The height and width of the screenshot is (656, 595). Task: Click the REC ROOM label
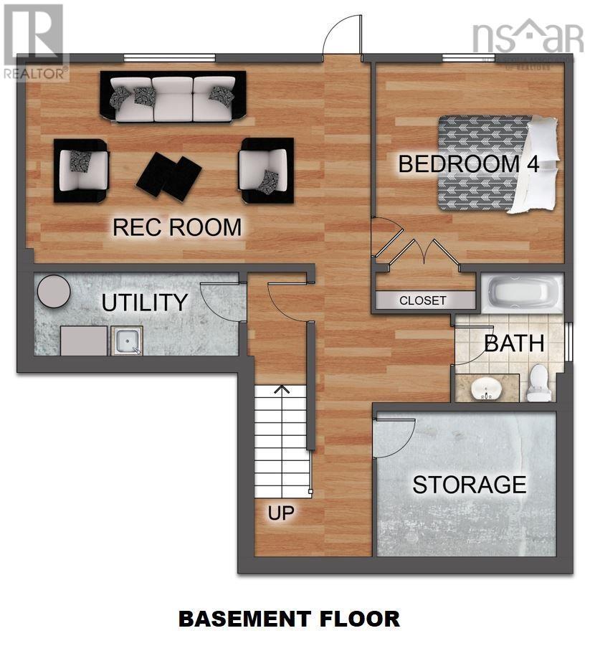pyautogui.click(x=177, y=227)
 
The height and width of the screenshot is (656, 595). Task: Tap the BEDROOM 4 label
pyautogui.click(x=468, y=163)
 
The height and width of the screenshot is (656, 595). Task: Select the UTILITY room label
pyautogui.click(x=144, y=303)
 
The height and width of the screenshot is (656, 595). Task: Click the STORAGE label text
pyautogui.click(x=469, y=485)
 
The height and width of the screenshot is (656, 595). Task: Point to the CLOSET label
pyautogui.click(x=423, y=300)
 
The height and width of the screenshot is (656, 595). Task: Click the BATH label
pyautogui.click(x=513, y=343)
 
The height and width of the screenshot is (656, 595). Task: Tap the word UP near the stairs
pyautogui.click(x=281, y=513)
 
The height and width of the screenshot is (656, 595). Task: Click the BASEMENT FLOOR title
pyautogui.click(x=289, y=618)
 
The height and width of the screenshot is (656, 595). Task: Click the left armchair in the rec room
pyautogui.click(x=81, y=170)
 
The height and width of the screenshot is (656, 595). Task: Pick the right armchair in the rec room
pyautogui.click(x=266, y=170)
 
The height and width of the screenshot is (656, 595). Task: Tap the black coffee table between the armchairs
pyautogui.click(x=169, y=175)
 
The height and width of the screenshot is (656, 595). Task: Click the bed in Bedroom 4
pyautogui.click(x=497, y=165)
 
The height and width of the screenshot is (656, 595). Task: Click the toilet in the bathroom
pyautogui.click(x=538, y=382)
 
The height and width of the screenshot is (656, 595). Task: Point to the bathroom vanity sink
pyautogui.click(x=486, y=388)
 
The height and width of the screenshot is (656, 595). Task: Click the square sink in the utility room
pyautogui.click(x=127, y=341)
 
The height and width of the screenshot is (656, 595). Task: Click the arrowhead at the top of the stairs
pyautogui.click(x=282, y=390)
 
